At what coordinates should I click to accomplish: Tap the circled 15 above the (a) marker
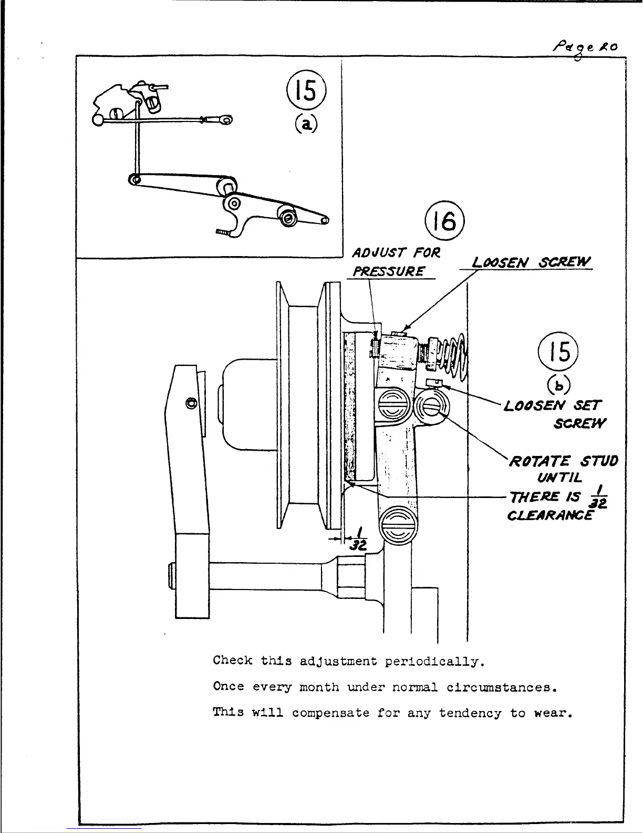tap(306, 90)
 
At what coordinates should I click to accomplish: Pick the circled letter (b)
tap(559, 385)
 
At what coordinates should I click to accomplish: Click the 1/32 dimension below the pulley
tap(359, 542)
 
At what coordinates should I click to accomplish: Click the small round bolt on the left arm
tap(191, 404)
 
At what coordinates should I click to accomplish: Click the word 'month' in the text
tap(319, 687)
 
